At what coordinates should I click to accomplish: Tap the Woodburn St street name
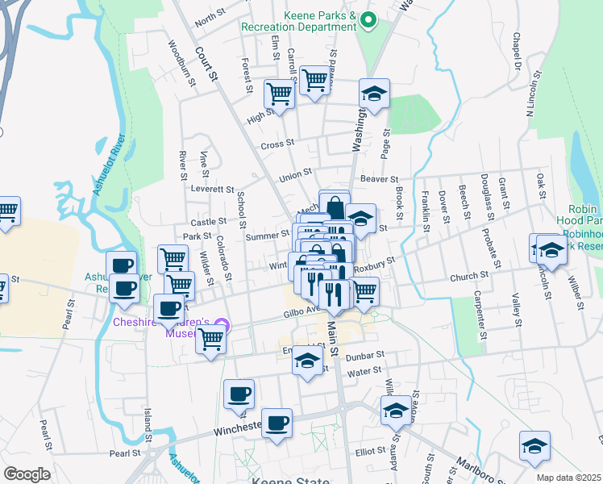[x=181, y=64]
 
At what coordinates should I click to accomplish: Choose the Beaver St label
[x=380, y=179]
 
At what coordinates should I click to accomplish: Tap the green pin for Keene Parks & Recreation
[x=369, y=19]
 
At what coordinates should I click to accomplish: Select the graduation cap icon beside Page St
[x=374, y=94]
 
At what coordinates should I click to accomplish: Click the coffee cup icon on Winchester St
[x=277, y=423]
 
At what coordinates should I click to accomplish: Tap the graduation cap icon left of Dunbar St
[x=307, y=362]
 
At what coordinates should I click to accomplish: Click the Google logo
[x=27, y=474]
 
